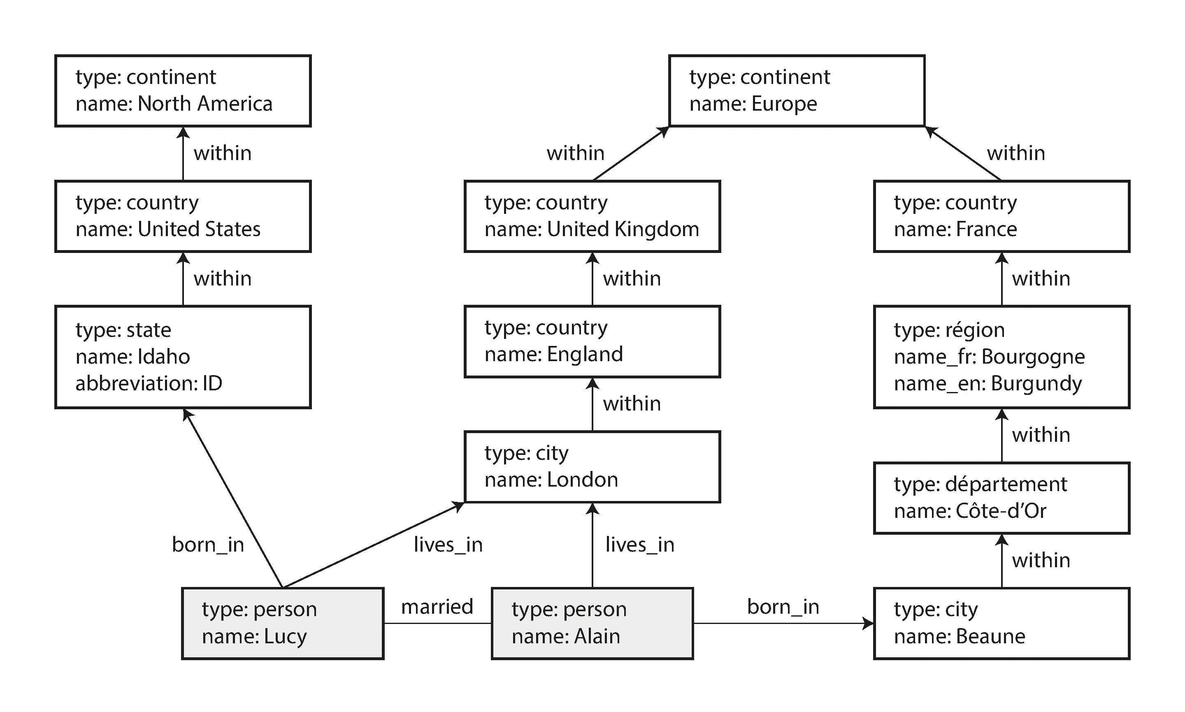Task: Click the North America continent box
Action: [183, 90]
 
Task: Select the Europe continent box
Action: [796, 90]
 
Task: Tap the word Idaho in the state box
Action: [164, 357]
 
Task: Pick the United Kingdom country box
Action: [592, 216]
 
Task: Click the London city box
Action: [592, 467]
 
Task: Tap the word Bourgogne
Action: [1033, 357]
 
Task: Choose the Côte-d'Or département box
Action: [1001, 498]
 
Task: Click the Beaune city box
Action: [1001, 623]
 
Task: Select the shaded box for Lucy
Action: [283, 623]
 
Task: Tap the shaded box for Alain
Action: [592, 623]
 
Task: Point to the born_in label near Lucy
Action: [208, 545]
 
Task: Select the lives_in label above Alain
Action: [639, 545]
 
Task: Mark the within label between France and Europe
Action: [1015, 153]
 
